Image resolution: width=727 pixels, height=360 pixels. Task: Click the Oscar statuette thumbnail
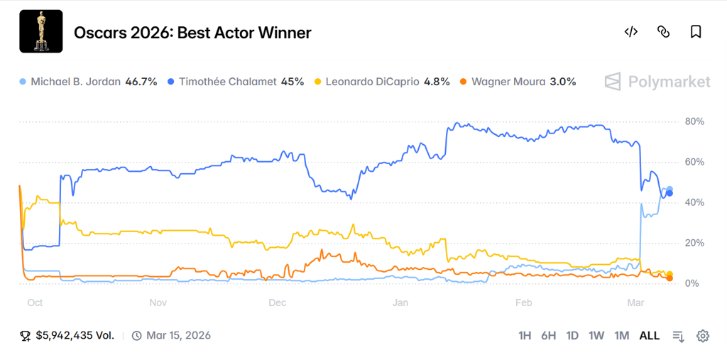pyautogui.click(x=40, y=31)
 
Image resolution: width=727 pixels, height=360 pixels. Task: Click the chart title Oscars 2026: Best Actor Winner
pyautogui.click(x=192, y=33)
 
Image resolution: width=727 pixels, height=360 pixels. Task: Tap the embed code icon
pyautogui.click(x=630, y=32)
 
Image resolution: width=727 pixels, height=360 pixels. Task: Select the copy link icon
pyautogui.click(x=663, y=32)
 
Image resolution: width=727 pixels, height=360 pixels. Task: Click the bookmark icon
pyautogui.click(x=696, y=32)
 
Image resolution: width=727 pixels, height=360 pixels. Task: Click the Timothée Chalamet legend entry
pyautogui.click(x=234, y=82)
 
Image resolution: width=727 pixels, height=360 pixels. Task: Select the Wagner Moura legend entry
pyautogui.click(x=518, y=82)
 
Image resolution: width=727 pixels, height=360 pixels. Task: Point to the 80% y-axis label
pyautogui.click(x=694, y=122)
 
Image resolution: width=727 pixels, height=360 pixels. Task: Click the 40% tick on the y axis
pyautogui.click(x=694, y=203)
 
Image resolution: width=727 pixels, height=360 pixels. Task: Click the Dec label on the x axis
pyautogui.click(x=278, y=302)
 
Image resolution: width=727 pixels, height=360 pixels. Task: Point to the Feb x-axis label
pyautogui.click(x=523, y=302)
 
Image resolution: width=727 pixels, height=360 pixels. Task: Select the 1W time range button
pyautogui.click(x=596, y=336)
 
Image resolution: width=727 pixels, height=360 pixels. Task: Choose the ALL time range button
pyautogui.click(x=649, y=336)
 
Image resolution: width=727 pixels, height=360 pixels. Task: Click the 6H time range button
pyautogui.click(x=548, y=336)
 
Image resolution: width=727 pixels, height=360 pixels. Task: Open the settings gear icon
pyautogui.click(x=703, y=336)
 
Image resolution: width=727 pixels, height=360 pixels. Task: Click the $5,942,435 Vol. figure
pyautogui.click(x=75, y=336)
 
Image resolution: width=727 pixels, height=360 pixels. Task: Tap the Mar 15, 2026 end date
pyautogui.click(x=177, y=336)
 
